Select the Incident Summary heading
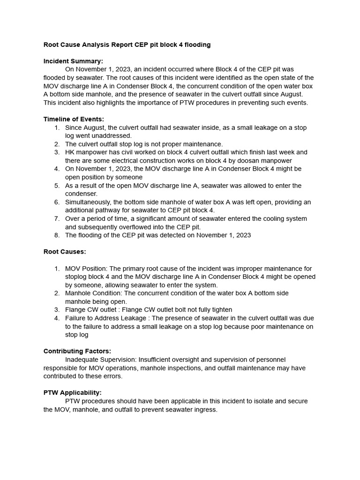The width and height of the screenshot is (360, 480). click(73, 61)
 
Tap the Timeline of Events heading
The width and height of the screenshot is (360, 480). click(74, 119)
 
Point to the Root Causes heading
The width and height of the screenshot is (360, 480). click(65, 252)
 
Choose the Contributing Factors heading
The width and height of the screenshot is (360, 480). click(77, 351)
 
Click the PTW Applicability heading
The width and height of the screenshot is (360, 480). click(73, 392)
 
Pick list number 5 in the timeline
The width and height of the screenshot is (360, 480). click(57, 186)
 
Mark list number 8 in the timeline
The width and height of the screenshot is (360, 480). click(57, 235)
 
